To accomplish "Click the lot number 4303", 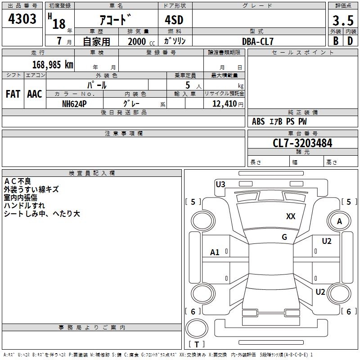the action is point(22,19).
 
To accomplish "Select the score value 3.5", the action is point(343,20).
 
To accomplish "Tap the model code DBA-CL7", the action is point(258,41).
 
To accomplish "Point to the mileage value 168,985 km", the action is point(53,64).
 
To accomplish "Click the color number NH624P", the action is point(74,104).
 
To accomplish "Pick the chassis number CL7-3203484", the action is point(302,143).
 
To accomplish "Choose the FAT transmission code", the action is point(13,94).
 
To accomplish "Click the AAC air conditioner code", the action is point(35,94).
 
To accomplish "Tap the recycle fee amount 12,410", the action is point(224,103).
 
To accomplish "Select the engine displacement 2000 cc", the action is point(141,41).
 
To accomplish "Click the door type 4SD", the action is point(174,20).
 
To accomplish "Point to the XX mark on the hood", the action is point(291,216).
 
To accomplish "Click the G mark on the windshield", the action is point(284,237).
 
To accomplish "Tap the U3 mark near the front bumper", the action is point(220,184).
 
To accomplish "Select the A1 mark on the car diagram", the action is point(215,252).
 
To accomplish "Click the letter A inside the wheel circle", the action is point(339,221).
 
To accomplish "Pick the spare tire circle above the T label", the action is point(197,328).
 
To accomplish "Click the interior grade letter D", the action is point(350,41).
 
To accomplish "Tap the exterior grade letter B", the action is point(336,41).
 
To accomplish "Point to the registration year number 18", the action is point(59,24).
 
